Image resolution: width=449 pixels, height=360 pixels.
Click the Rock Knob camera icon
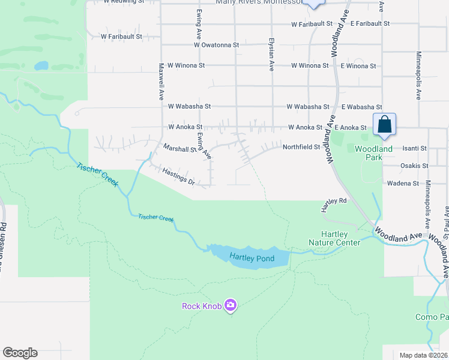point(231,306)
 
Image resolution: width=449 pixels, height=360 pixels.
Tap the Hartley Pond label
point(252,259)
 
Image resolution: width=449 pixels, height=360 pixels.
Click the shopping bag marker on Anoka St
point(384,125)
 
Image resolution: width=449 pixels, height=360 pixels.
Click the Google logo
point(20,353)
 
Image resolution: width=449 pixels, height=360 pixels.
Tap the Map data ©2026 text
point(423,355)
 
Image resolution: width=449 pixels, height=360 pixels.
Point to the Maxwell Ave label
point(161,82)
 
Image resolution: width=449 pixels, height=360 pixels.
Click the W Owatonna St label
point(217,45)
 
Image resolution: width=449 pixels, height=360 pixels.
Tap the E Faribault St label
point(370,24)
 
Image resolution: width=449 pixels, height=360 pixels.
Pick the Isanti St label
point(414,148)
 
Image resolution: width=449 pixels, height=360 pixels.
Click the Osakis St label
point(414,166)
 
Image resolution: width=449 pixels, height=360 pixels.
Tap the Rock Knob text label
point(202,307)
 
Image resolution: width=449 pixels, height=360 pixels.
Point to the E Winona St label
point(358,65)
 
